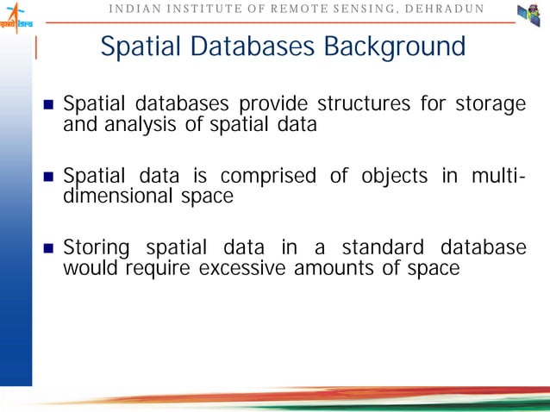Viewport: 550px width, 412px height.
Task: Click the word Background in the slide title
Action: coord(395,47)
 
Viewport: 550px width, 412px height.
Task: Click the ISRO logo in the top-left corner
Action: coord(16,16)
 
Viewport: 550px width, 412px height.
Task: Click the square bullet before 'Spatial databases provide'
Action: coord(49,107)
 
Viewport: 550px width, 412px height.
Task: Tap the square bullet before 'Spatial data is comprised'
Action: coord(49,178)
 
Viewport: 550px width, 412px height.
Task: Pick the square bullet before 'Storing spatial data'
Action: coord(49,249)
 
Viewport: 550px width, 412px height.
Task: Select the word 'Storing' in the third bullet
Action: coord(97,248)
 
